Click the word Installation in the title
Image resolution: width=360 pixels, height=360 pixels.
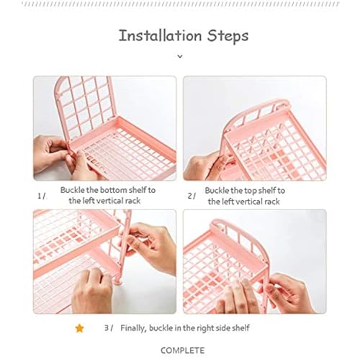[160, 35]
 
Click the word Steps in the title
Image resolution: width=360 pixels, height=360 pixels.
[228, 37]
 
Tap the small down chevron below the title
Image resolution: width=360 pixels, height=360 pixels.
[180, 56]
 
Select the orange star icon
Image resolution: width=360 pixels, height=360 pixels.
[79, 328]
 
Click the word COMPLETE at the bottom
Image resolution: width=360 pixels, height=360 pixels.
[183, 351]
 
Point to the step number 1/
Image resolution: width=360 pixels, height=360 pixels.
[41, 196]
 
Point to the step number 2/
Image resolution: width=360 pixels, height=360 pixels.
[192, 196]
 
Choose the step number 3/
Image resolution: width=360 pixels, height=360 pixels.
[109, 328]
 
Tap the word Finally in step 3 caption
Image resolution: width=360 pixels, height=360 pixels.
[133, 328]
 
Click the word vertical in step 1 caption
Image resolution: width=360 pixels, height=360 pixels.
[110, 201]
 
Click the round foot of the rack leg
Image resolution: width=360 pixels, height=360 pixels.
[118, 282]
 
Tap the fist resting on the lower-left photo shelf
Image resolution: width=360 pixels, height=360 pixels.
[92, 290]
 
